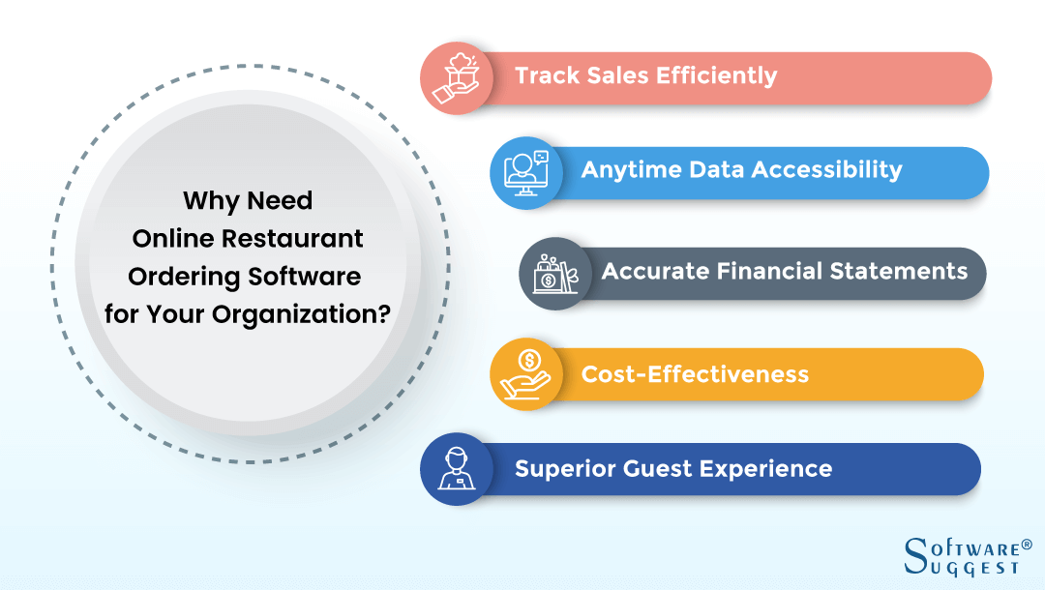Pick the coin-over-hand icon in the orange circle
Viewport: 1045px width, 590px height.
pos(526,374)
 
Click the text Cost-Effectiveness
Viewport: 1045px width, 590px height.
pos(695,373)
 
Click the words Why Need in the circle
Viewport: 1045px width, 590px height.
pos(249,201)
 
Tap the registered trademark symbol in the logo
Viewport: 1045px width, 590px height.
pos(1013,546)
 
